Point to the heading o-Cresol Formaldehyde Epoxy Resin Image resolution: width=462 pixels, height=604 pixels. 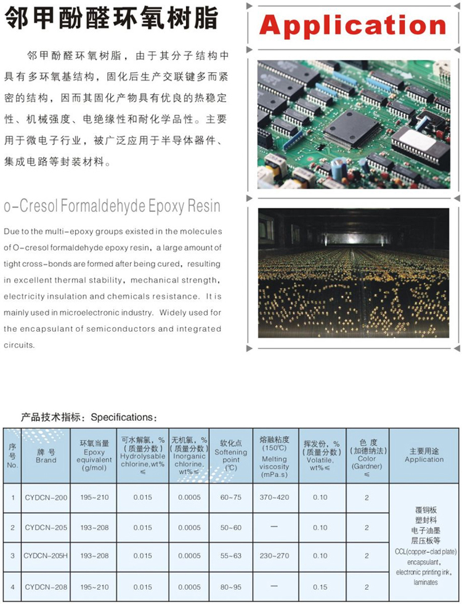click(x=112, y=205)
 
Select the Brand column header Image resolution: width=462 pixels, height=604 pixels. click(x=46, y=456)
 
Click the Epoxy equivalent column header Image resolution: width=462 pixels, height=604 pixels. click(x=94, y=455)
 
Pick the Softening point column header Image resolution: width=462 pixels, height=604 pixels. click(x=231, y=455)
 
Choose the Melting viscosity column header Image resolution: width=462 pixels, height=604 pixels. click(x=274, y=455)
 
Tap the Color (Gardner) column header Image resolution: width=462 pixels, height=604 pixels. click(x=367, y=455)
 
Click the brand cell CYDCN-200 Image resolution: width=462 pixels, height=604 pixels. click(x=46, y=497)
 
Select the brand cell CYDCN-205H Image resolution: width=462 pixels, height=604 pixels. click(x=46, y=556)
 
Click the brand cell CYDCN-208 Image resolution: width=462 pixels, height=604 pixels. click(x=46, y=587)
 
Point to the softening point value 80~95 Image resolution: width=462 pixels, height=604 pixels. click(x=231, y=587)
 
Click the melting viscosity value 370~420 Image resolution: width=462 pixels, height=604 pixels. click(x=274, y=497)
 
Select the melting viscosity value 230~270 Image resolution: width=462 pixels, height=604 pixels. click(x=274, y=556)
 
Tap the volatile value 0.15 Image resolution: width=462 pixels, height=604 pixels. click(x=320, y=587)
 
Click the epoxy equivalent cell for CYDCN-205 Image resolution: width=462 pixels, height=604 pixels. click(x=94, y=528)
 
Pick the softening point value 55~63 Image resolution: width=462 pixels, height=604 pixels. click(x=231, y=556)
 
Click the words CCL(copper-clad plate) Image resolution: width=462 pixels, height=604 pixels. click(x=425, y=550)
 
